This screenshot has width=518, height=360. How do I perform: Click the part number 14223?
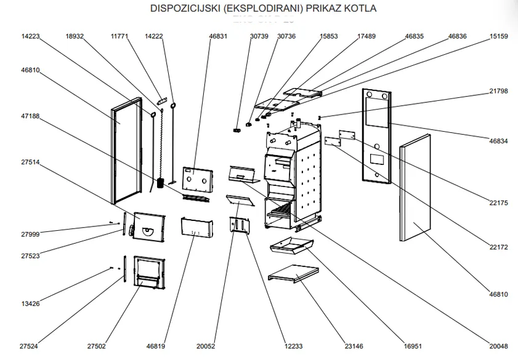[x=30, y=36]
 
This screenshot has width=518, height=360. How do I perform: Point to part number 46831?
[x=218, y=36]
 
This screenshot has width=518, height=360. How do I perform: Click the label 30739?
[x=259, y=36]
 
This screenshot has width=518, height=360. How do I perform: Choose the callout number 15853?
[x=329, y=36]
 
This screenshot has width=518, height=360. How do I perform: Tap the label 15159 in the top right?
[x=499, y=36]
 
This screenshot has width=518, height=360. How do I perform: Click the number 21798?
[x=499, y=90]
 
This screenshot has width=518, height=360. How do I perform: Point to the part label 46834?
[x=499, y=141]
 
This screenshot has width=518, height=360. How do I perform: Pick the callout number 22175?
[x=499, y=202]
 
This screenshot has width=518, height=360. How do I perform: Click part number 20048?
[x=499, y=346]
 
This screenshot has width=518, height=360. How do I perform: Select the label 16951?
[x=413, y=346]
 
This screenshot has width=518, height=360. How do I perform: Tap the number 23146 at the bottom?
[x=354, y=346]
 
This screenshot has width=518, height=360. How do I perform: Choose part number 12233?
[x=294, y=346]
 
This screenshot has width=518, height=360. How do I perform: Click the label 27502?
[x=96, y=346]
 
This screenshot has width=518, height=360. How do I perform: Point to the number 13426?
[x=30, y=303]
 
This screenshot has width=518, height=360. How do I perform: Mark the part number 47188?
[x=30, y=116]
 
